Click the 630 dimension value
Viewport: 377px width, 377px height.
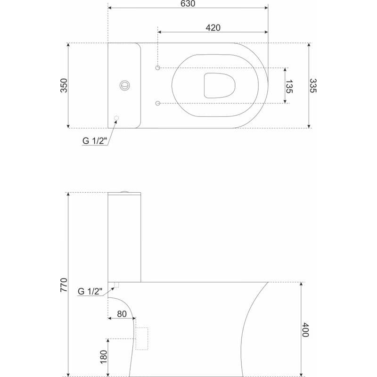[x=188, y=4]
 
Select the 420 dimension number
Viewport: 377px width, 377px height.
[x=213, y=28]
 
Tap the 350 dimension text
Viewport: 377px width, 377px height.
[x=64, y=85]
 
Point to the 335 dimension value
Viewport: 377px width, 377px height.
[x=313, y=86]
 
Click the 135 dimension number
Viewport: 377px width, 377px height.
[x=289, y=87]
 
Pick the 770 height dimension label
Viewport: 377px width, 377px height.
[x=64, y=285]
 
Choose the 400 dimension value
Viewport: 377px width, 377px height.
[x=305, y=330]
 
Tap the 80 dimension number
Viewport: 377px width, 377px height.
[x=122, y=314]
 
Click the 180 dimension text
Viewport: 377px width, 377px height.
[x=103, y=357]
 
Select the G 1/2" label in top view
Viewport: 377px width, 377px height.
[x=94, y=140]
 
